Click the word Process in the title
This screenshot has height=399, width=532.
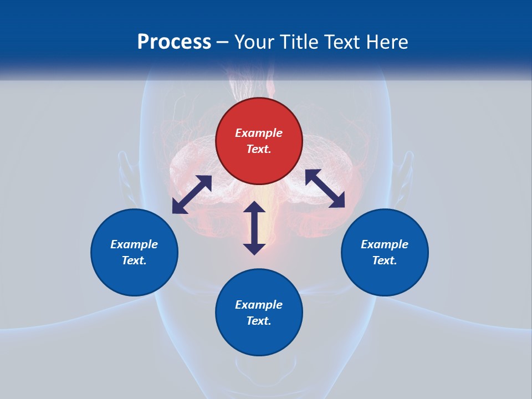(x=174, y=42)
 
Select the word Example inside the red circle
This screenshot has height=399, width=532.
(x=259, y=133)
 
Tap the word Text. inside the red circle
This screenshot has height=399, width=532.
(x=259, y=149)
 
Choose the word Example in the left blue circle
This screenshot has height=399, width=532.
(x=134, y=244)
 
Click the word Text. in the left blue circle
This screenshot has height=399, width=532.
(x=134, y=260)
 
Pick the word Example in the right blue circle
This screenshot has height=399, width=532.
(x=385, y=244)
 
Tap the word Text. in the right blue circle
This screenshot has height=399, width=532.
(x=385, y=260)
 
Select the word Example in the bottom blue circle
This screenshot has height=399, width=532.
(x=259, y=305)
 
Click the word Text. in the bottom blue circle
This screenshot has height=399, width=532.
(x=259, y=321)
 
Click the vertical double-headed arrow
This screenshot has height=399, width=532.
(x=254, y=228)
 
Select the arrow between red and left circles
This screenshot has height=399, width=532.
(x=192, y=195)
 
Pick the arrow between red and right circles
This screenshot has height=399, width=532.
(x=325, y=188)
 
